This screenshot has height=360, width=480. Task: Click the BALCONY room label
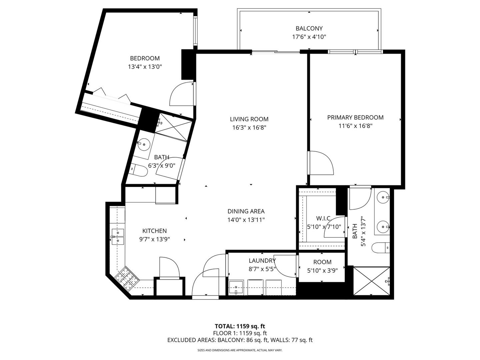point(309,29)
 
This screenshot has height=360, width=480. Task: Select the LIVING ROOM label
point(249,119)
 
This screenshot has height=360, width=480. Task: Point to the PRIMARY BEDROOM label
point(355,117)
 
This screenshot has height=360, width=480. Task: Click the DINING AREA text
point(246,211)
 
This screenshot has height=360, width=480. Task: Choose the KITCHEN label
point(154,231)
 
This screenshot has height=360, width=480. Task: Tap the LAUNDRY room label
point(262,261)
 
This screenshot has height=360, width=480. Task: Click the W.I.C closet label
point(323,218)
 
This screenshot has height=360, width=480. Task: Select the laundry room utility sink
point(237,287)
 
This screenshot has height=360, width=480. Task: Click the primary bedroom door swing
point(321,163)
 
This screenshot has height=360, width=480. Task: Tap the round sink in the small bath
point(144,144)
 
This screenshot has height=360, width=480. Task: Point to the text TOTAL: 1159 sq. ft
point(240,326)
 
